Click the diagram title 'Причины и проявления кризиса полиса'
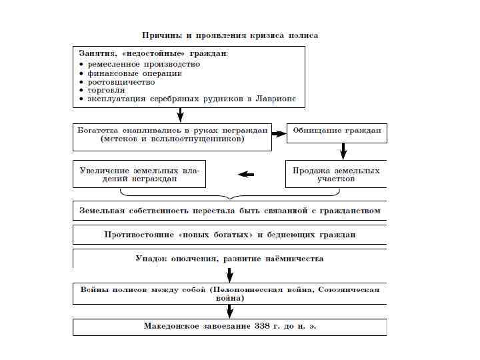click(230, 35)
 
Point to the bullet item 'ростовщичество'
click(121, 81)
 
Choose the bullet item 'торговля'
click(106, 90)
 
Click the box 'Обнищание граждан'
click(337, 131)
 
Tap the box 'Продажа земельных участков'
click(336, 175)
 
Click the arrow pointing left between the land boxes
click(246, 175)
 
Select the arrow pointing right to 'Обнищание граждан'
click(278, 133)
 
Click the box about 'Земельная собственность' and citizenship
click(229, 211)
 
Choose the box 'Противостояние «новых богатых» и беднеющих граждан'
click(229, 235)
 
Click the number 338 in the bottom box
click(262, 327)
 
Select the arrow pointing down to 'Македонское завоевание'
click(229, 311)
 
